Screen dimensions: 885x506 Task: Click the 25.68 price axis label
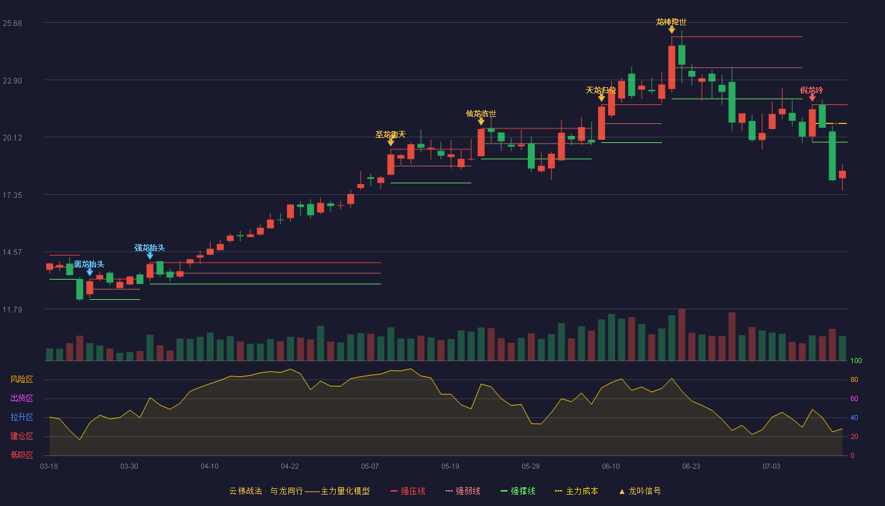tap(12, 23)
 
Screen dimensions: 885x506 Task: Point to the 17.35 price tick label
tap(12, 195)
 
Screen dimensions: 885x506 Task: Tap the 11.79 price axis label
tap(12, 309)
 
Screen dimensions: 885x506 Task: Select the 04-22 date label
tap(290, 467)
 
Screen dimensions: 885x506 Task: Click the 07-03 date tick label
tap(771, 467)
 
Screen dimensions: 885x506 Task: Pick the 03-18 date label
tap(49, 467)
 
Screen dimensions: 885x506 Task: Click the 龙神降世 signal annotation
tap(671, 22)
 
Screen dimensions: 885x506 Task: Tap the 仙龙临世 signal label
tap(481, 114)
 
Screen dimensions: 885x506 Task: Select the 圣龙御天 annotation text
tap(391, 134)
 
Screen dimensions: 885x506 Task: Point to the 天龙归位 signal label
tap(601, 90)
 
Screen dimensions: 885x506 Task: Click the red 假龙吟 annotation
tap(812, 90)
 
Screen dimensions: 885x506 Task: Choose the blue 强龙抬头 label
tap(149, 248)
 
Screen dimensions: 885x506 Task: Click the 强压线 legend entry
tap(408, 491)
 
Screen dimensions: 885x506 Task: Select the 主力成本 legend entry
tap(577, 491)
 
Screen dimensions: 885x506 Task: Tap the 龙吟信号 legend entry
tap(640, 491)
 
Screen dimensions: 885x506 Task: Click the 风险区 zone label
tap(21, 379)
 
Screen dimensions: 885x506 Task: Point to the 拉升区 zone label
tap(21, 417)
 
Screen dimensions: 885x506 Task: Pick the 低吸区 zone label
tap(21, 455)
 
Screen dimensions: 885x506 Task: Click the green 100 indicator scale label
tap(856, 361)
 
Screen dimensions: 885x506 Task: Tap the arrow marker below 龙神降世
tap(671, 30)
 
